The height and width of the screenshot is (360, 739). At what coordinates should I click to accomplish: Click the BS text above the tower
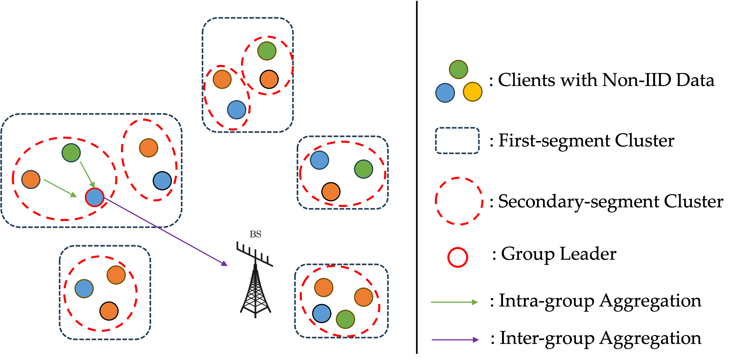click(255, 234)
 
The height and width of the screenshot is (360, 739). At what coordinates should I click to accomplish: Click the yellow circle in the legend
click(473, 92)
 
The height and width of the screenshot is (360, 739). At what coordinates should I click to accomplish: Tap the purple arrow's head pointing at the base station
click(224, 264)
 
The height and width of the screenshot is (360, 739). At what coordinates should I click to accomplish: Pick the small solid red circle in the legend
click(458, 257)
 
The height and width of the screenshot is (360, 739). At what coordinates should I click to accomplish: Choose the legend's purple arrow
click(455, 340)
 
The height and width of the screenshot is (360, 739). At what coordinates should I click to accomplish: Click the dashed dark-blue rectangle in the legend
click(457, 141)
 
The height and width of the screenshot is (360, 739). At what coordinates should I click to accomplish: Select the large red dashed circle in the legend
click(459, 201)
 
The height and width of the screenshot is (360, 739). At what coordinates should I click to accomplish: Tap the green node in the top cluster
click(267, 51)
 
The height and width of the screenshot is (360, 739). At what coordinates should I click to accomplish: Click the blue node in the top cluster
click(237, 109)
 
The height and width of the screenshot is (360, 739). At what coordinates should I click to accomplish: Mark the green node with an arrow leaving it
click(71, 153)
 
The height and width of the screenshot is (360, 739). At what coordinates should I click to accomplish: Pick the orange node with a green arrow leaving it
click(31, 180)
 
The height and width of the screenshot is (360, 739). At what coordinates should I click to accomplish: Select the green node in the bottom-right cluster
click(345, 319)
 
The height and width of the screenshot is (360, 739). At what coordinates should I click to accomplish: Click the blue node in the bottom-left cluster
click(84, 289)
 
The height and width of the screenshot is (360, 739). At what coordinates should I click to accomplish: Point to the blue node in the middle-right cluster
click(319, 160)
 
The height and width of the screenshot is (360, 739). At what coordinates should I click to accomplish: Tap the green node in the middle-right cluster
click(363, 169)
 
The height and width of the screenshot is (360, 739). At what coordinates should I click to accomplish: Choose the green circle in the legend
click(458, 69)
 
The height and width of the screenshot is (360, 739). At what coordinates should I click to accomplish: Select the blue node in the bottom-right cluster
click(322, 313)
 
